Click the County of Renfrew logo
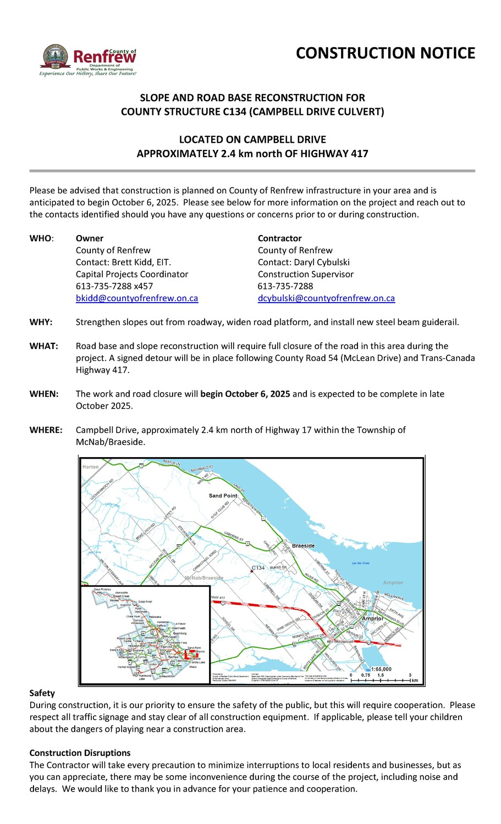(88, 60)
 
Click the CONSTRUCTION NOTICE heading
(386, 53)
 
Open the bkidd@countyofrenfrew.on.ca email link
(136, 298)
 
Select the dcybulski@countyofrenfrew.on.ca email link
(326, 298)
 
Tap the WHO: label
(41, 238)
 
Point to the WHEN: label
(43, 394)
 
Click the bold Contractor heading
(279, 238)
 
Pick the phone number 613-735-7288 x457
(114, 286)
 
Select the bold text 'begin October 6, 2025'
(245, 394)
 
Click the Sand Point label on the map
(223, 495)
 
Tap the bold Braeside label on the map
(303, 545)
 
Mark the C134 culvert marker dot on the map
(251, 572)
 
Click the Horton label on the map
(90, 467)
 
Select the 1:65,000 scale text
(381, 669)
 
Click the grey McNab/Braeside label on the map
(204, 578)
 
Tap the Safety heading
(42, 693)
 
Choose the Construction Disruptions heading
(80, 753)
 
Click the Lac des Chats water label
(361, 563)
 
